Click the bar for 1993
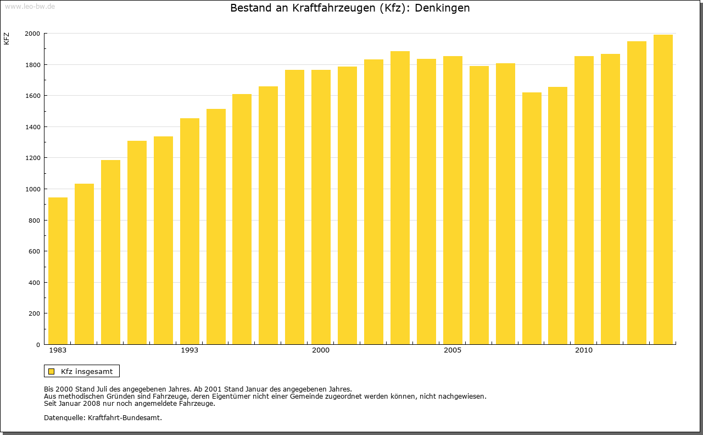coord(189,231)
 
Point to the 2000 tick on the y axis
coord(32,34)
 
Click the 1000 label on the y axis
coord(32,189)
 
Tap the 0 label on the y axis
coord(38,345)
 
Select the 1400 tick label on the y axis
coord(32,127)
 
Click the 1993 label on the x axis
coord(189,350)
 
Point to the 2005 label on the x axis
coord(453,350)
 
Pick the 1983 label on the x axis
coord(58,350)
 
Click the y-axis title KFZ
coord(7,38)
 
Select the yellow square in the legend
coord(51,371)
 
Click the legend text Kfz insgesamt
coord(87,371)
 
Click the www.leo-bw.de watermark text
coord(29,5)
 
